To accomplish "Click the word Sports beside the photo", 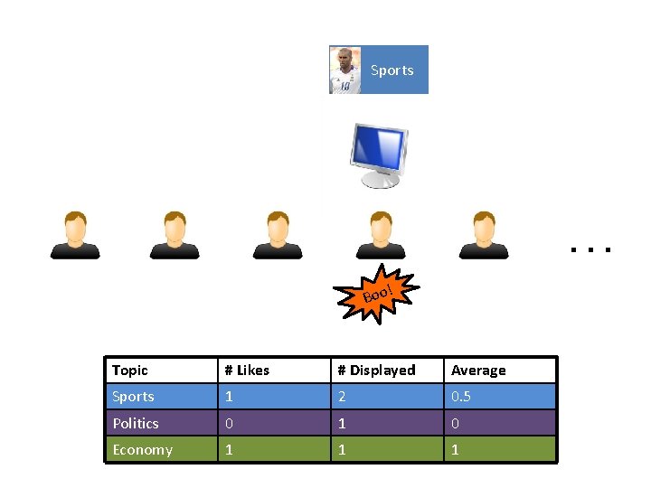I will (x=392, y=70).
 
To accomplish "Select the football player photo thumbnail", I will (x=344, y=70).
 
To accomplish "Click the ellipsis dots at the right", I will (x=591, y=247).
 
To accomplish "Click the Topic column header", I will (x=130, y=371).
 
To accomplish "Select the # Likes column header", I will (x=247, y=371).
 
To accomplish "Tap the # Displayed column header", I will (x=376, y=371).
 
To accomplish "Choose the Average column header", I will (x=478, y=371).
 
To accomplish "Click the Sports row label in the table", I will (x=133, y=397).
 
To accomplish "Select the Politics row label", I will (x=136, y=423).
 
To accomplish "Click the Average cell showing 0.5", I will (x=461, y=397).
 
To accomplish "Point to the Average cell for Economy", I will (x=456, y=450).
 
